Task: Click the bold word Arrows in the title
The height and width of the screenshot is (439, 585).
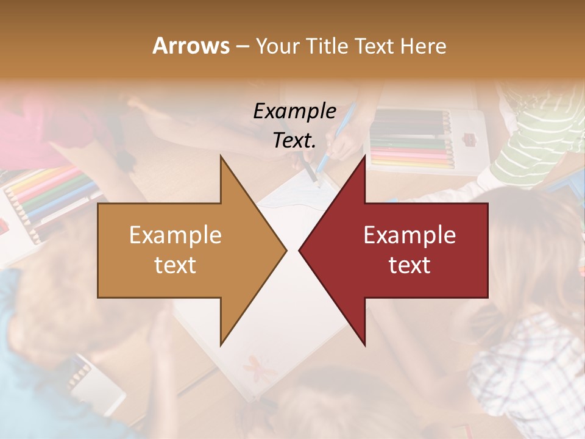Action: point(191,46)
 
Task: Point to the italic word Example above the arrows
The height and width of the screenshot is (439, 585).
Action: point(295,112)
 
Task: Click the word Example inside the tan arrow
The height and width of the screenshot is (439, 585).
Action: point(175,235)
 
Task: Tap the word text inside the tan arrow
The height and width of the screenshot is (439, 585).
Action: point(175,265)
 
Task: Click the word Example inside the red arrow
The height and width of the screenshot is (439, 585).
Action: point(409,235)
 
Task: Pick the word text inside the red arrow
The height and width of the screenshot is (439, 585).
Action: point(409,265)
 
